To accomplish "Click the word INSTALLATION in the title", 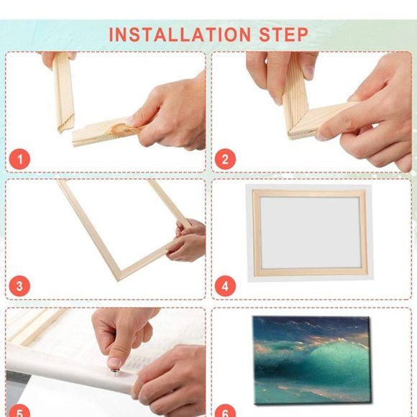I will (x=179, y=34).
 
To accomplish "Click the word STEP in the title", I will (x=281, y=34).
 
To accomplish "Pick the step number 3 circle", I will (x=19, y=286).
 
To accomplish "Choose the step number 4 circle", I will (x=225, y=286).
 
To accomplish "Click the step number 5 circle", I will (x=19, y=411).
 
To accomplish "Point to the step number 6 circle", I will (x=225, y=411).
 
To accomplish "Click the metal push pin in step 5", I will (x=114, y=367).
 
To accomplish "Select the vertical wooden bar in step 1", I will (x=63, y=93).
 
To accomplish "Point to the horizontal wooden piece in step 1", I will (x=101, y=133).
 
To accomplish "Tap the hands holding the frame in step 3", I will (x=187, y=241).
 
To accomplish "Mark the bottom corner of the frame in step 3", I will (x=115, y=277).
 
